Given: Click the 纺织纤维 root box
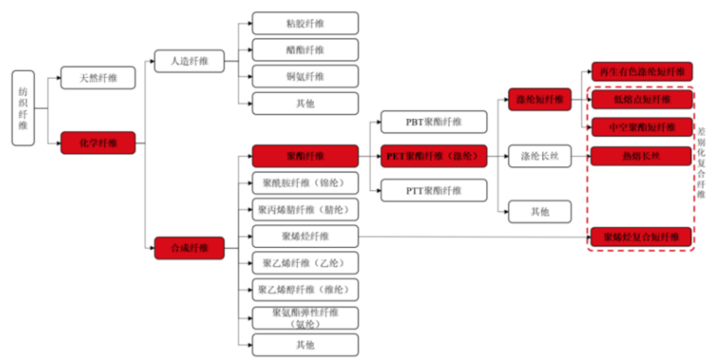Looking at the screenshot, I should point(23,108).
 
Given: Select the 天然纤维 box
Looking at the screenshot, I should point(98,78).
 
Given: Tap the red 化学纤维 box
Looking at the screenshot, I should point(98,143).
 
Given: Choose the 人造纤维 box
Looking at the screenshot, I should point(189,61).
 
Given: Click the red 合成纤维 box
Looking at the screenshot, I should point(189,248).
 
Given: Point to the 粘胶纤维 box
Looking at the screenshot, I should point(305,23).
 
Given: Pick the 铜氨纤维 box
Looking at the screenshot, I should point(305,77).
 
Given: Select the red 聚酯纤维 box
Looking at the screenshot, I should point(305,156).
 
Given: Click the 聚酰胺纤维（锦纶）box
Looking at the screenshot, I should point(305,183).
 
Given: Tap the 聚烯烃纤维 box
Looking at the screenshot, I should point(305,236).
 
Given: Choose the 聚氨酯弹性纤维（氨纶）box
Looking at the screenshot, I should point(305,318).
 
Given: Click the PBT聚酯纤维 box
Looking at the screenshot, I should point(434,122).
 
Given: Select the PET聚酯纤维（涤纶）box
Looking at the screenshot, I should point(434,156).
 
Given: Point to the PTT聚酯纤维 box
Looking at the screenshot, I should point(434,191).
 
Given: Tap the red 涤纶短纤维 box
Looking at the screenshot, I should point(539,100).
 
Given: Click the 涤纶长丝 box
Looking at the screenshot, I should point(539,156).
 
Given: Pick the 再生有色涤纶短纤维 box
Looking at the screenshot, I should point(642,72).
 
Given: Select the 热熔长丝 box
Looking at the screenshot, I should point(641,156).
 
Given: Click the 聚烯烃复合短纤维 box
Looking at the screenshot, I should point(641,237).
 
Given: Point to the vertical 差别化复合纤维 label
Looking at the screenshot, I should point(701,163).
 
